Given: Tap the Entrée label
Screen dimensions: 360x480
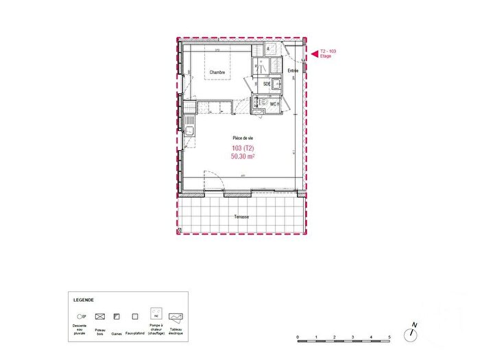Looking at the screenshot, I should [293, 70].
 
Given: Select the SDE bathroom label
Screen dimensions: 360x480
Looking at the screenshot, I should [267, 84].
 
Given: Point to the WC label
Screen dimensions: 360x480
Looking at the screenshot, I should [273, 104].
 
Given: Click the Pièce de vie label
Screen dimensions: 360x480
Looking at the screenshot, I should [243, 138].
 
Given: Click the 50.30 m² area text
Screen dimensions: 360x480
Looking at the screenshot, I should [244, 157].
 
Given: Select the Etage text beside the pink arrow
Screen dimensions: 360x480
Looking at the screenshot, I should [326, 56].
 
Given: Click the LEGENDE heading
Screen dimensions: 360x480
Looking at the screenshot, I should [84, 300].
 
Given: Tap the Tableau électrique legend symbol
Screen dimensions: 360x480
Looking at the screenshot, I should [176, 317].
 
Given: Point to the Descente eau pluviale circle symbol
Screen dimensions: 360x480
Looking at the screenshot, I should [80, 317].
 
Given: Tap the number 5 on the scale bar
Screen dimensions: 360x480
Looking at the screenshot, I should [389, 338].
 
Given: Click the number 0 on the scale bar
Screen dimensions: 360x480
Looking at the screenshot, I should [298, 338].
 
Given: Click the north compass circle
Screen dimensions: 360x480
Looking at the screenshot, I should [411, 335].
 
